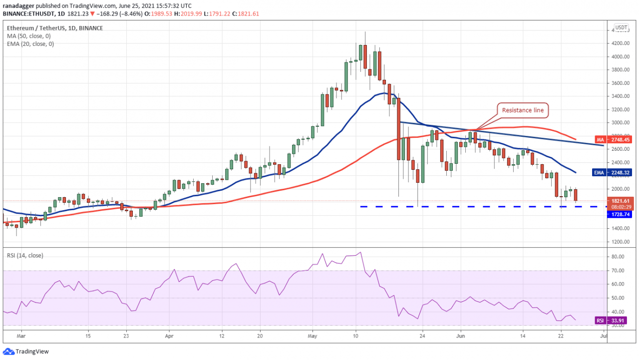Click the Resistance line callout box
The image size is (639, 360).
(523, 110)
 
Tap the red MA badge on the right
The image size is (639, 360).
(615, 139)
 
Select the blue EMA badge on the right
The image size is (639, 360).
(615, 172)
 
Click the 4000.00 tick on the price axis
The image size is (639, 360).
(620, 56)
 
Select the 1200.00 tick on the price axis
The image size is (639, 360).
(620, 242)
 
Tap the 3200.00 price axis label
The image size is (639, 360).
(620, 109)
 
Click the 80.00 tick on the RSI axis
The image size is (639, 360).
(617, 257)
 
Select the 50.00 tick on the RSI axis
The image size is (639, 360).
(617, 298)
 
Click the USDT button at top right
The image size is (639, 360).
(621, 27)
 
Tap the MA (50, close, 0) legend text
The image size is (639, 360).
(28, 36)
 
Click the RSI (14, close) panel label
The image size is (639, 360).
(24, 256)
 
